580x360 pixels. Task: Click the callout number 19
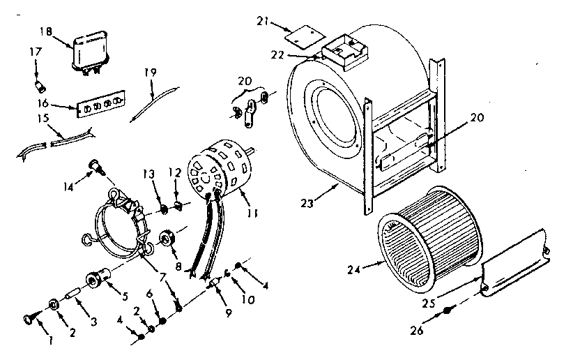151,73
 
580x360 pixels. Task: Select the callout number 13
148,173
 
